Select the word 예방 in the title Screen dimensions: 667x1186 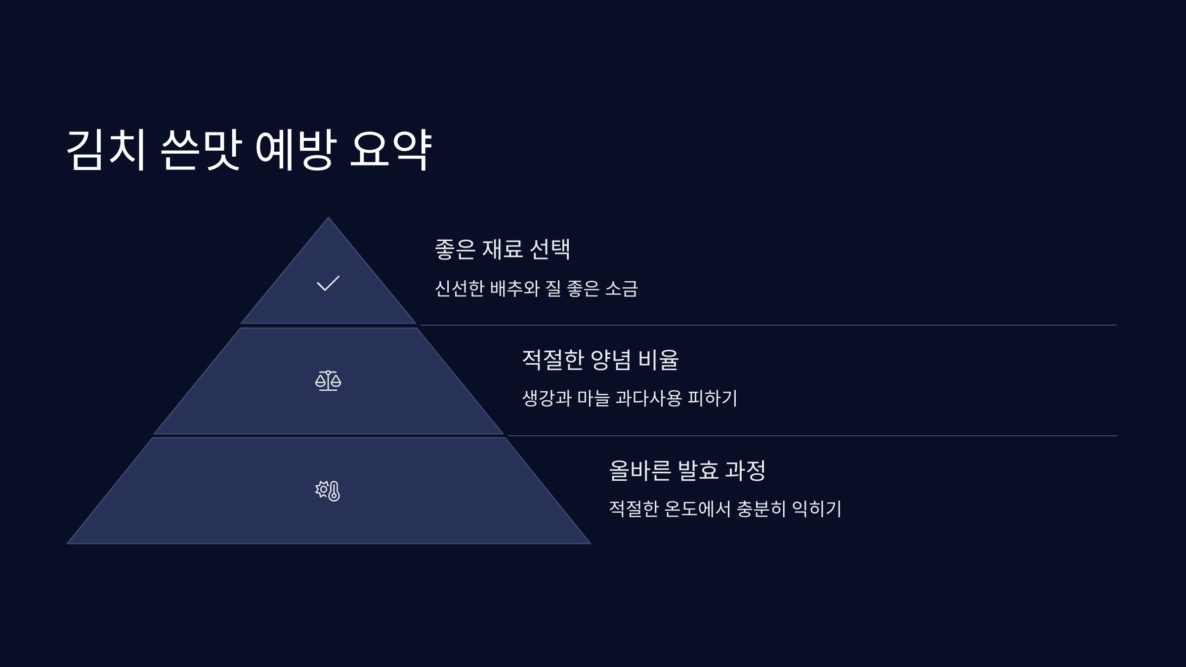point(296,150)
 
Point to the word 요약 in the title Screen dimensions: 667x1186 point(390,150)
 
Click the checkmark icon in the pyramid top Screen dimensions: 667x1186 point(328,283)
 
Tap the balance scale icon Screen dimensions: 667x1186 point(328,381)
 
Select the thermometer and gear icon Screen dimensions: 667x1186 point(328,491)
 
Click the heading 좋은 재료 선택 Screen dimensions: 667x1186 point(503,249)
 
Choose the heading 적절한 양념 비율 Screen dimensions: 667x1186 point(600,360)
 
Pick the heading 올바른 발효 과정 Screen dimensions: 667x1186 point(687,470)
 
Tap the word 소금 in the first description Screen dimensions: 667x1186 point(622,289)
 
